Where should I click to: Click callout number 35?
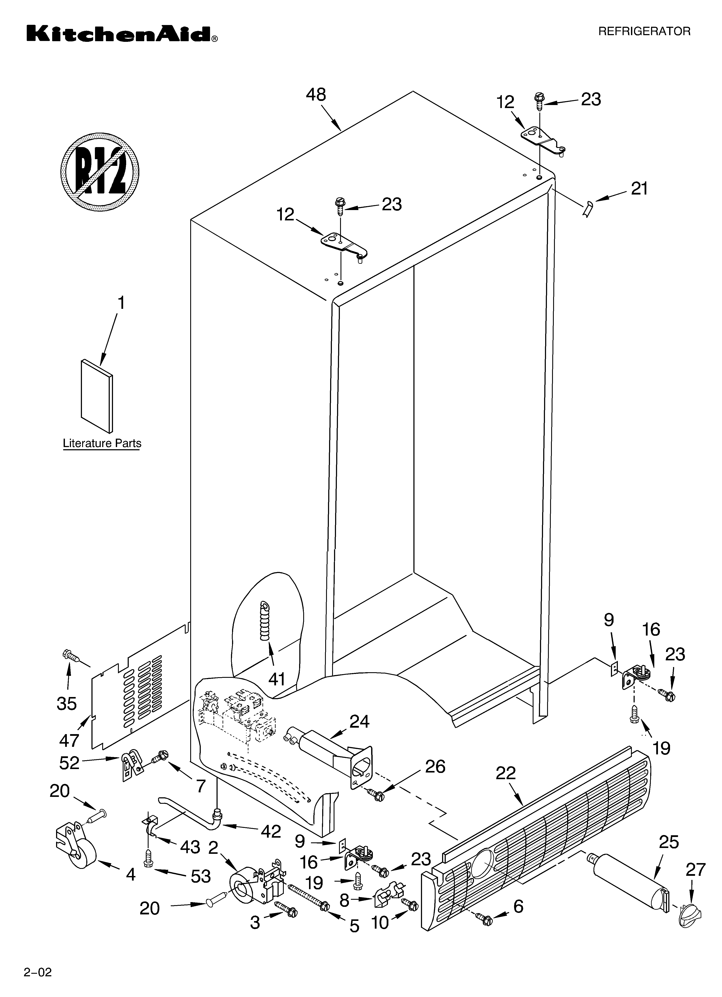(67, 704)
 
